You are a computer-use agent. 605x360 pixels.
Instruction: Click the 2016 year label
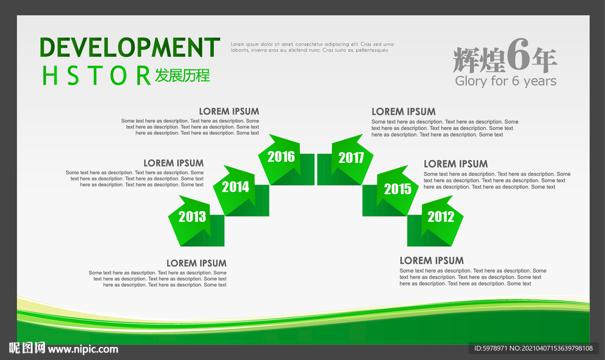281,157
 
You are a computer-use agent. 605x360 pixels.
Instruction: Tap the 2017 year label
351,157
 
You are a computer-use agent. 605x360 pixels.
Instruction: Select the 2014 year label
235,187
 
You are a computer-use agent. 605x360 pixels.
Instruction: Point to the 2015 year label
398,189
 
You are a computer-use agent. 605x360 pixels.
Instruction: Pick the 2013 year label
192,217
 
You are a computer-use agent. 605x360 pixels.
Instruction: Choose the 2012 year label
441,217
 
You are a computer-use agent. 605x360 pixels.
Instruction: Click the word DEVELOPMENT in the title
129,47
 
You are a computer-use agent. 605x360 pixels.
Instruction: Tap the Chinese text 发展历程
183,76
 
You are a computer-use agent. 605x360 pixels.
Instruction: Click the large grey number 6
518,55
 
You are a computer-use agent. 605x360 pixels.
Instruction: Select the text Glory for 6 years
506,81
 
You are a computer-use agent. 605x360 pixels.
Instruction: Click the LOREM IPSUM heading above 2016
229,112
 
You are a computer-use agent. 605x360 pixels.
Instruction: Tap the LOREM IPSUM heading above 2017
404,112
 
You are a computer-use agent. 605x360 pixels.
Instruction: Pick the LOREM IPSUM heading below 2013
196,263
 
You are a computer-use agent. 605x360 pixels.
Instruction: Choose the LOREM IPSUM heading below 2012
432,261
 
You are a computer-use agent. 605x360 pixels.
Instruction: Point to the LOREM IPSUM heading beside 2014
174,163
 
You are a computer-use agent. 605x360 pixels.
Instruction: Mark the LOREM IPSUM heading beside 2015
456,164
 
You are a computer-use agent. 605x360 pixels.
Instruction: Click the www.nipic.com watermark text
83,349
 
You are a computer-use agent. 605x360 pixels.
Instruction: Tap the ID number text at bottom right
534,348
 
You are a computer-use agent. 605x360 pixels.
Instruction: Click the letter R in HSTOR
143,76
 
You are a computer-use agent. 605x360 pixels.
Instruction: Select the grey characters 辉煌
479,60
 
